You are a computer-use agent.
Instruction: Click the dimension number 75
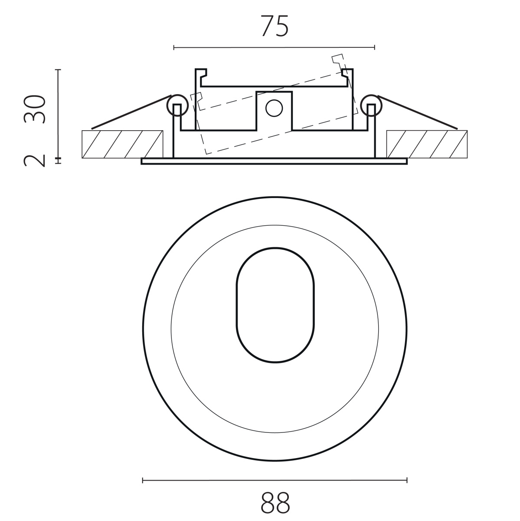tap(275, 26)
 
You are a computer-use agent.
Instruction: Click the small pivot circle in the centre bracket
tap(274, 108)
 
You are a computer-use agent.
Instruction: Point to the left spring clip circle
tap(177, 106)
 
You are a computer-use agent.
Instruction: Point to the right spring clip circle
tap(371, 106)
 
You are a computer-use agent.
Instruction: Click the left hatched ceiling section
tap(122, 145)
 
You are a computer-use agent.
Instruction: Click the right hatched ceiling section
tap(427, 145)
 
